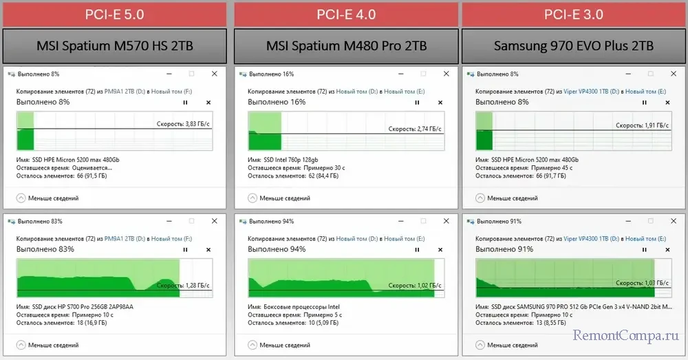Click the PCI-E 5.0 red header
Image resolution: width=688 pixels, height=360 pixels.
tap(114, 14)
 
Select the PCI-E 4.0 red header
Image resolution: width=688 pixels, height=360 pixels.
tap(346, 14)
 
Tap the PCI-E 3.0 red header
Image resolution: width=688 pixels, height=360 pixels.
tap(574, 14)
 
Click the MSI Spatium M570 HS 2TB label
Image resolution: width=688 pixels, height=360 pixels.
tap(114, 46)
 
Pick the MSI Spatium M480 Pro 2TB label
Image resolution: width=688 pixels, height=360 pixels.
tap(346, 46)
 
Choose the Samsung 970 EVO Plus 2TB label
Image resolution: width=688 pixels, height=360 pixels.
tap(574, 46)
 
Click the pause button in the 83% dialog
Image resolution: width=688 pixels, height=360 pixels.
tap(185, 249)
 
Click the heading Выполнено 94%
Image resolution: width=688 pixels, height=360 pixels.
tap(277, 249)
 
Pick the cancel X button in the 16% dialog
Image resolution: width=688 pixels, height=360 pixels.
tap(440, 102)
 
